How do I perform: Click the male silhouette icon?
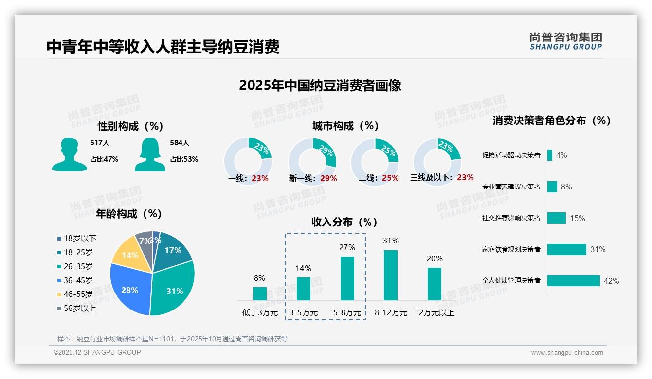(x=69, y=154)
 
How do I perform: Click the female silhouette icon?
(x=150, y=154)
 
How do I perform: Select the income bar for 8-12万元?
(x=391, y=275)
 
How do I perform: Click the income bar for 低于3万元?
(x=259, y=293)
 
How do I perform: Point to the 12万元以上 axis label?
(x=435, y=313)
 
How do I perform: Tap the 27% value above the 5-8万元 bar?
(x=347, y=247)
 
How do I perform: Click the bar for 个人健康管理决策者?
(x=573, y=280)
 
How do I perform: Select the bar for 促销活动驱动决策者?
(x=550, y=155)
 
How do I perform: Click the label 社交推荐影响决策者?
(x=511, y=218)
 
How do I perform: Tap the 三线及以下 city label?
(x=432, y=178)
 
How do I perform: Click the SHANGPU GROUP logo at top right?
(x=565, y=41)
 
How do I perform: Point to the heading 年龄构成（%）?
(x=129, y=214)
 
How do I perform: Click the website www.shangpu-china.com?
(x=567, y=353)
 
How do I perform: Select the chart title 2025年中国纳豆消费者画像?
(x=320, y=86)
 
